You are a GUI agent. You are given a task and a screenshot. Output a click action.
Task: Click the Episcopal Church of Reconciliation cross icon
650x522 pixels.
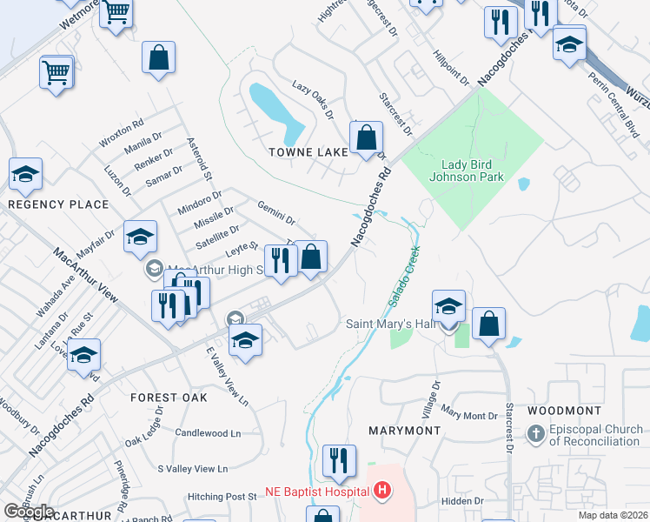[536, 432]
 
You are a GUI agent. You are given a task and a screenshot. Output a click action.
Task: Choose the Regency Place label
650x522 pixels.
[58, 204]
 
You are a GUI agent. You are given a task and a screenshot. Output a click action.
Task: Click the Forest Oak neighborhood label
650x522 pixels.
[169, 397]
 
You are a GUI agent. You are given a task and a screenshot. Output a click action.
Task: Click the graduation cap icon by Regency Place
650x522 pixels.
[25, 174]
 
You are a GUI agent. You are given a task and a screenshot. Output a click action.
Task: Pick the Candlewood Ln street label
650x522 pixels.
[208, 432]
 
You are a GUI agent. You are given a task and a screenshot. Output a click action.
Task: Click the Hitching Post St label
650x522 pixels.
[222, 497]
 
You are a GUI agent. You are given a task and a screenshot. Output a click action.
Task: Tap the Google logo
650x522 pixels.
[29, 512]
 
